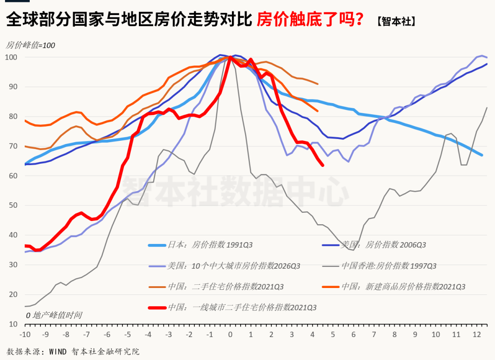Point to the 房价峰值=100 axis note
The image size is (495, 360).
[30, 45]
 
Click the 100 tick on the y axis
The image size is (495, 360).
[11, 57]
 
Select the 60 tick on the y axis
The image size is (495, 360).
[13, 176]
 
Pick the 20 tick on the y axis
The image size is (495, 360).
[13, 294]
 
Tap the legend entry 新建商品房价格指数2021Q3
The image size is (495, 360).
[403, 287]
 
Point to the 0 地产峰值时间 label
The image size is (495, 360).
[54, 315]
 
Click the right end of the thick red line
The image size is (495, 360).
[323, 165]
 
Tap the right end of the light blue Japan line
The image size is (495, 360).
[482, 155]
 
